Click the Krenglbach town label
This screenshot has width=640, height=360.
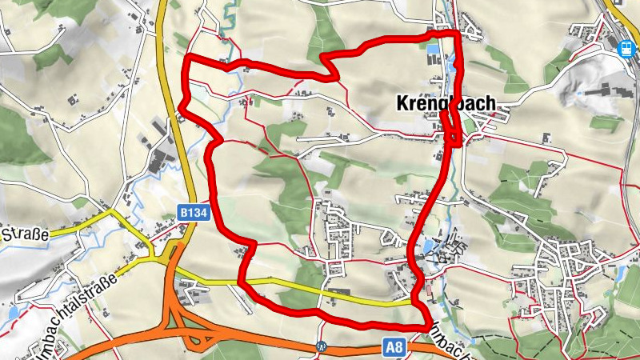coord(445,104)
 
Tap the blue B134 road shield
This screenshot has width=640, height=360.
coord(189,213)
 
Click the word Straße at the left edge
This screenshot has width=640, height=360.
coord(26,234)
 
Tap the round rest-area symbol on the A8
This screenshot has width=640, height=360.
coord(322,347)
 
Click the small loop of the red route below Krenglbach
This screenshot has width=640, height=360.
coord(453,132)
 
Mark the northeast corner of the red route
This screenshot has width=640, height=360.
coord(458,33)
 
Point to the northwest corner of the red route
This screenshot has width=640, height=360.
coord(187,58)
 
